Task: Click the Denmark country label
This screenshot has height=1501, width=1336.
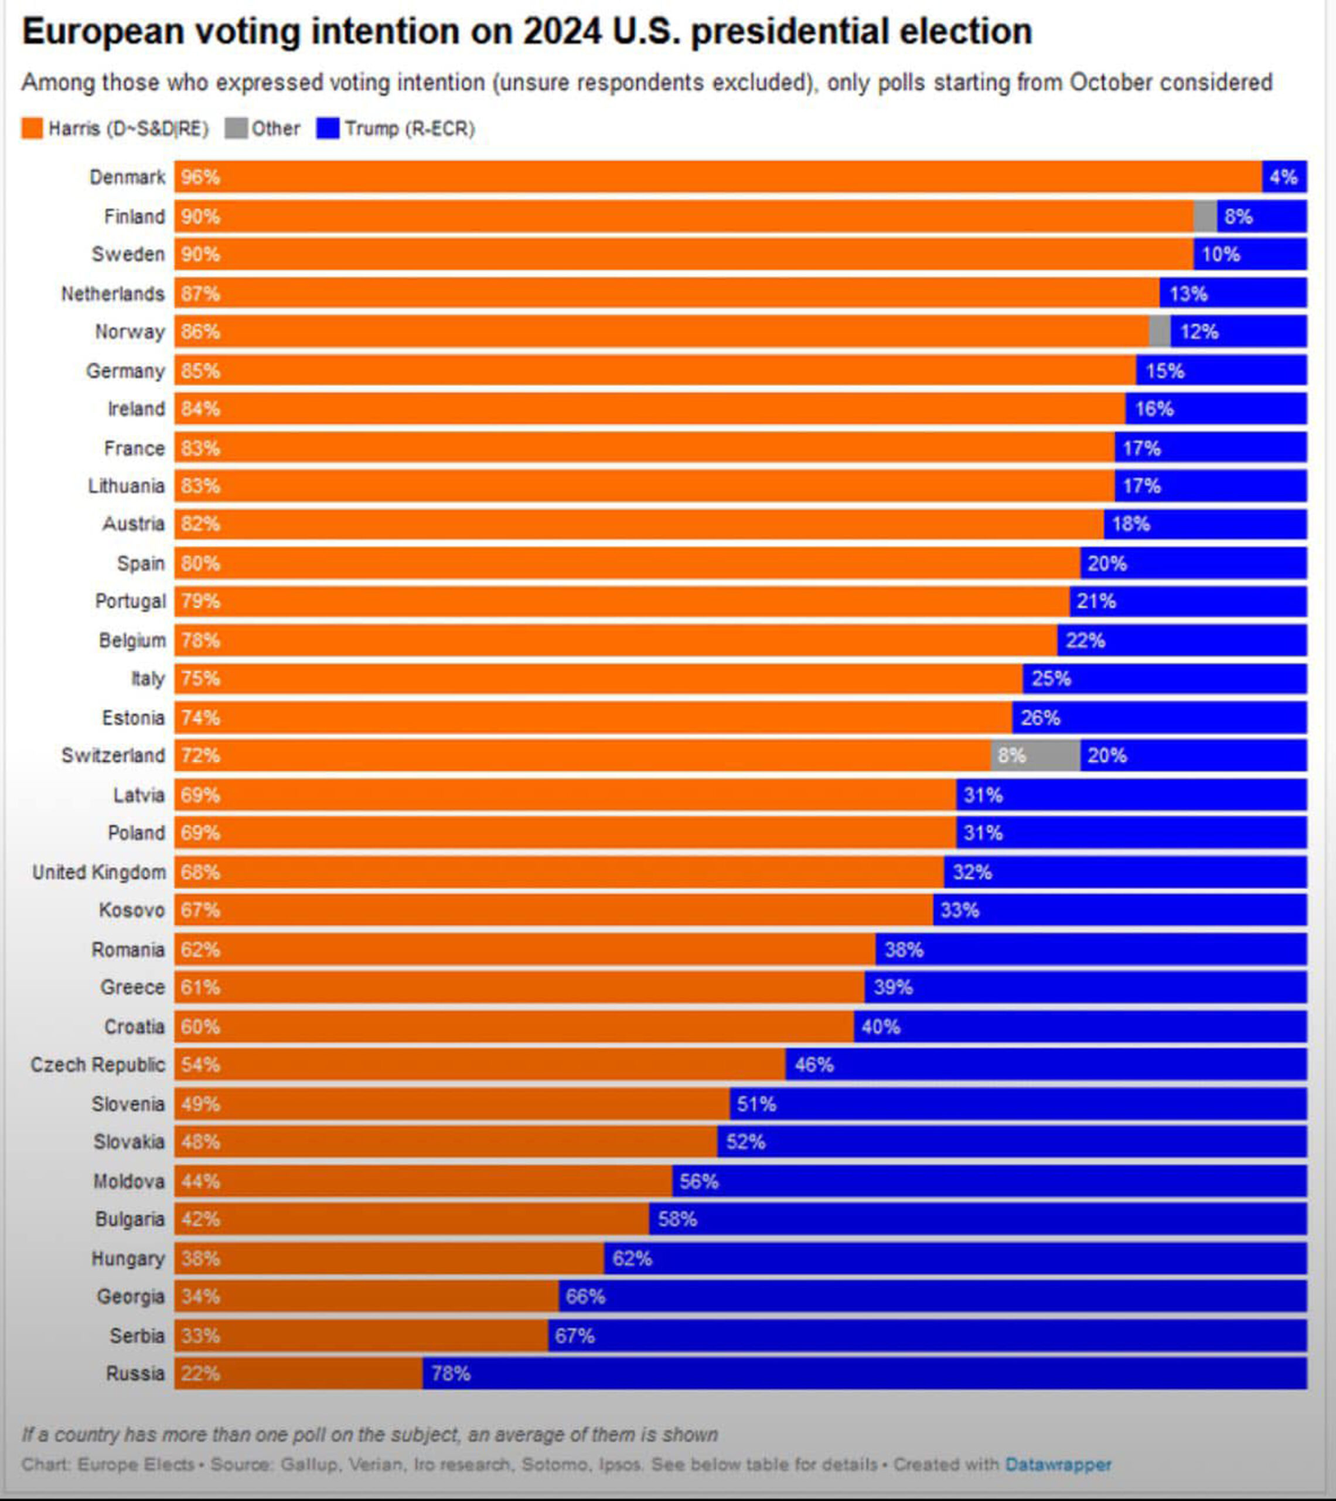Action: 127,177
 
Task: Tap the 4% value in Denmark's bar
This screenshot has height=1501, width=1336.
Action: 1283,177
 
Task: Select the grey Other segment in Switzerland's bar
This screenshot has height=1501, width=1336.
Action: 1035,755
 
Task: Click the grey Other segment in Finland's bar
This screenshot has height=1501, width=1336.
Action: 1205,216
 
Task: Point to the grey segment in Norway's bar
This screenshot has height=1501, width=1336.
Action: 1159,331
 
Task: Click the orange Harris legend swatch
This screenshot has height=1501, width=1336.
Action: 32,128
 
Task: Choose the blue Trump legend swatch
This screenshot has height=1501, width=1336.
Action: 328,128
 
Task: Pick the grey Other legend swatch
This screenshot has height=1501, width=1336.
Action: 236,128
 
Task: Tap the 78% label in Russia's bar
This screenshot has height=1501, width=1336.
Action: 451,1373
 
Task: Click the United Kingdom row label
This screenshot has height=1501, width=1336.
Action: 99,872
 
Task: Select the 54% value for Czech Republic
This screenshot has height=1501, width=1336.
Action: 200,1064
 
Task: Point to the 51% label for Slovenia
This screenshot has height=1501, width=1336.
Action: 756,1103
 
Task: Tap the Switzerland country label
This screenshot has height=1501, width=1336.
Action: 113,755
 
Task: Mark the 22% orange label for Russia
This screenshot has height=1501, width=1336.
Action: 200,1373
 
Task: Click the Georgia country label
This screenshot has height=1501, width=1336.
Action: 131,1296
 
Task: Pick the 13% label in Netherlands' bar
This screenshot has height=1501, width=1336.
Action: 1188,294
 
